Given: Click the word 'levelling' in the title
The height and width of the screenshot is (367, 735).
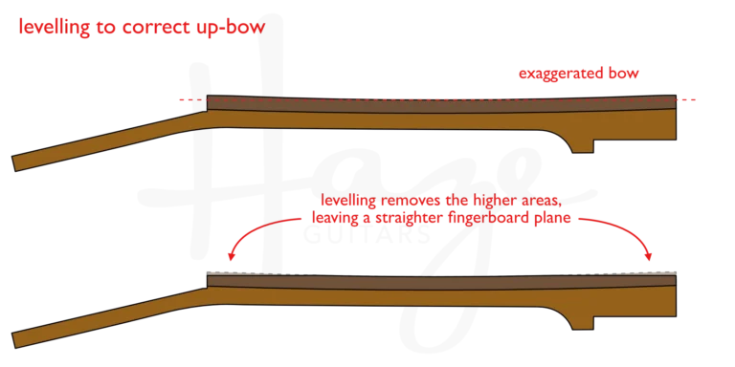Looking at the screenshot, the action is click(53, 27).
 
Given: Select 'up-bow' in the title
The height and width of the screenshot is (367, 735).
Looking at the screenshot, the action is click(230, 27).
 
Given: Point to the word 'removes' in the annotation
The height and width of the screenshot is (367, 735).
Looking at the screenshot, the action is click(411, 201).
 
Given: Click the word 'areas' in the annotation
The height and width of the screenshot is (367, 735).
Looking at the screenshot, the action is click(538, 201).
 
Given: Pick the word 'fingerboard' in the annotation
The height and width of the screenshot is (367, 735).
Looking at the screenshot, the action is click(490, 219).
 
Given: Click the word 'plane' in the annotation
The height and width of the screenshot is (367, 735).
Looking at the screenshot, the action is click(554, 219).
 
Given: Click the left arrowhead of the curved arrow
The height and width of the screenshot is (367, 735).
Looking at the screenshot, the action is click(231, 256).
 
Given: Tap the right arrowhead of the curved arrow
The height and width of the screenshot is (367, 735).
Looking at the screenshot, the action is click(651, 256).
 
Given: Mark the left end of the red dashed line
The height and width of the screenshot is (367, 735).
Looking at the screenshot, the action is click(180, 99).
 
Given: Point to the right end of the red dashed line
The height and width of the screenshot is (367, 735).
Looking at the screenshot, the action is click(693, 99).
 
